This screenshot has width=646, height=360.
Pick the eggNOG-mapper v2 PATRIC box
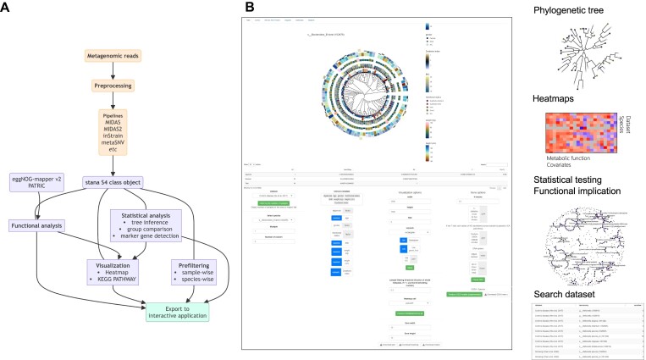tap(40, 184)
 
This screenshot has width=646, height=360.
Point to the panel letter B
tap(248, 8)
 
